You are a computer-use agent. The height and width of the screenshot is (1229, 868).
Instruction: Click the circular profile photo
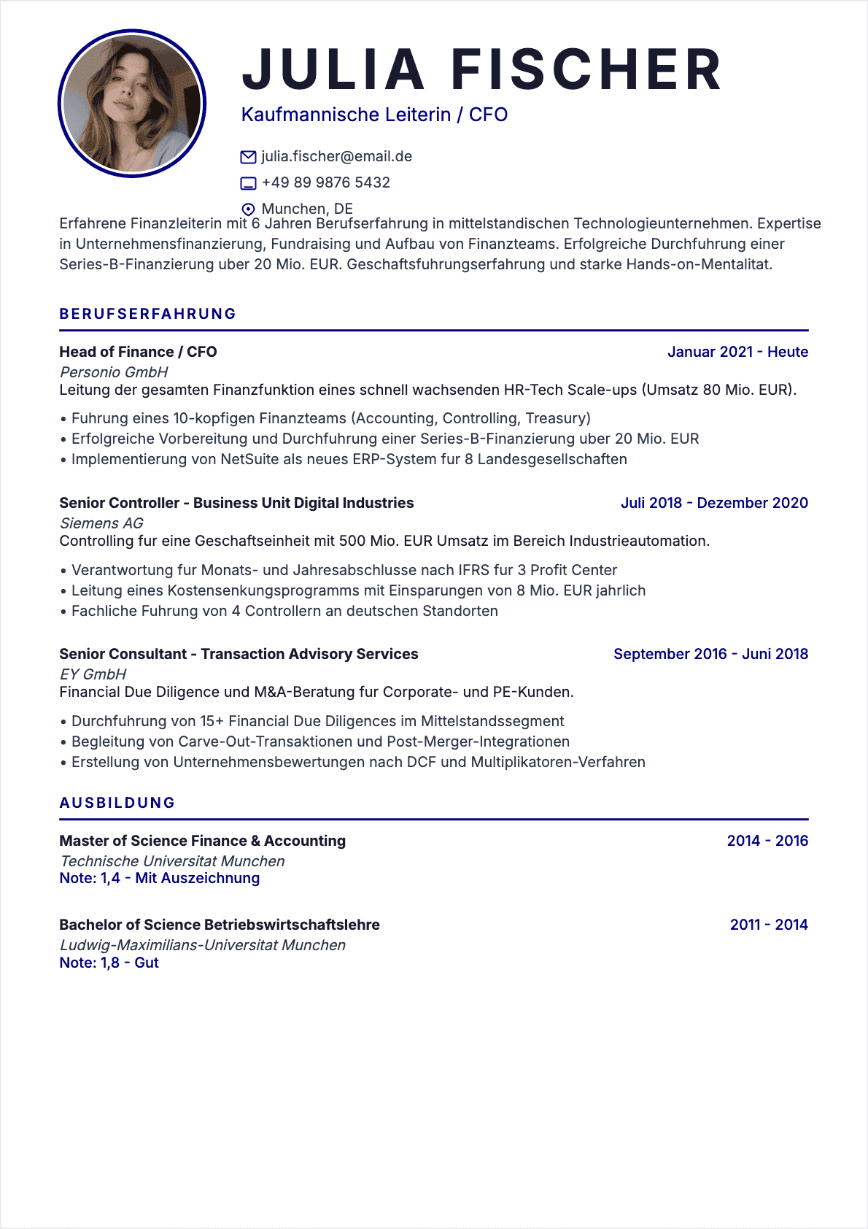(132, 103)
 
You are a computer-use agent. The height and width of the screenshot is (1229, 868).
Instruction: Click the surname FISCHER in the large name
(586, 70)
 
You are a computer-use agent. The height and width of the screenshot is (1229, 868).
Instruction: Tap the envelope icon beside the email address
(248, 157)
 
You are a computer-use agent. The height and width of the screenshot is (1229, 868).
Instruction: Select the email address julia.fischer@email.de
(337, 156)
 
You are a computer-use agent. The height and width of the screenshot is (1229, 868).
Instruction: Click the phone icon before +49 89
(248, 183)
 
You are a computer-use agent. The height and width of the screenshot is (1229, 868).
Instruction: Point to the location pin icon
(248, 209)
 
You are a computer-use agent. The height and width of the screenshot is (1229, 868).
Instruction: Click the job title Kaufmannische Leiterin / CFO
(374, 115)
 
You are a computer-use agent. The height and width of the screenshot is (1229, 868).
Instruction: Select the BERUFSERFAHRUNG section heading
(148, 314)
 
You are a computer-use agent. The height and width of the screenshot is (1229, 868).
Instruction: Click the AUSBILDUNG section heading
(117, 803)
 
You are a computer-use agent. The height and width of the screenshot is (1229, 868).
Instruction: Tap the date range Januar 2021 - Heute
(737, 352)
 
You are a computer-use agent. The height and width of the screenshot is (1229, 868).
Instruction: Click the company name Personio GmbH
(114, 372)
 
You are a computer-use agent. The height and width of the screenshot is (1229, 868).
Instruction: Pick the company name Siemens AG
(101, 523)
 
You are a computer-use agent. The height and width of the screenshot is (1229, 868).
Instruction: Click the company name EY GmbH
(93, 674)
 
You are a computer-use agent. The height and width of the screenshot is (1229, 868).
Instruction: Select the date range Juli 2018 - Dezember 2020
(714, 503)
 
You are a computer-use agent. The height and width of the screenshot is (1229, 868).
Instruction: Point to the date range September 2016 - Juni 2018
(710, 654)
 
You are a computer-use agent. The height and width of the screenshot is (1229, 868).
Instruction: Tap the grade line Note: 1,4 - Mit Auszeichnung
(159, 878)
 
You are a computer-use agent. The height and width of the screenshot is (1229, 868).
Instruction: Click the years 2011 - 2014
(769, 925)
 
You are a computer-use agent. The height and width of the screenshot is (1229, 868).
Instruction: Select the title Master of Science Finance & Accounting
(202, 841)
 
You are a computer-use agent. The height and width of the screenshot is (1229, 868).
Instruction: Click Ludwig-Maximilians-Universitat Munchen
(202, 945)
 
